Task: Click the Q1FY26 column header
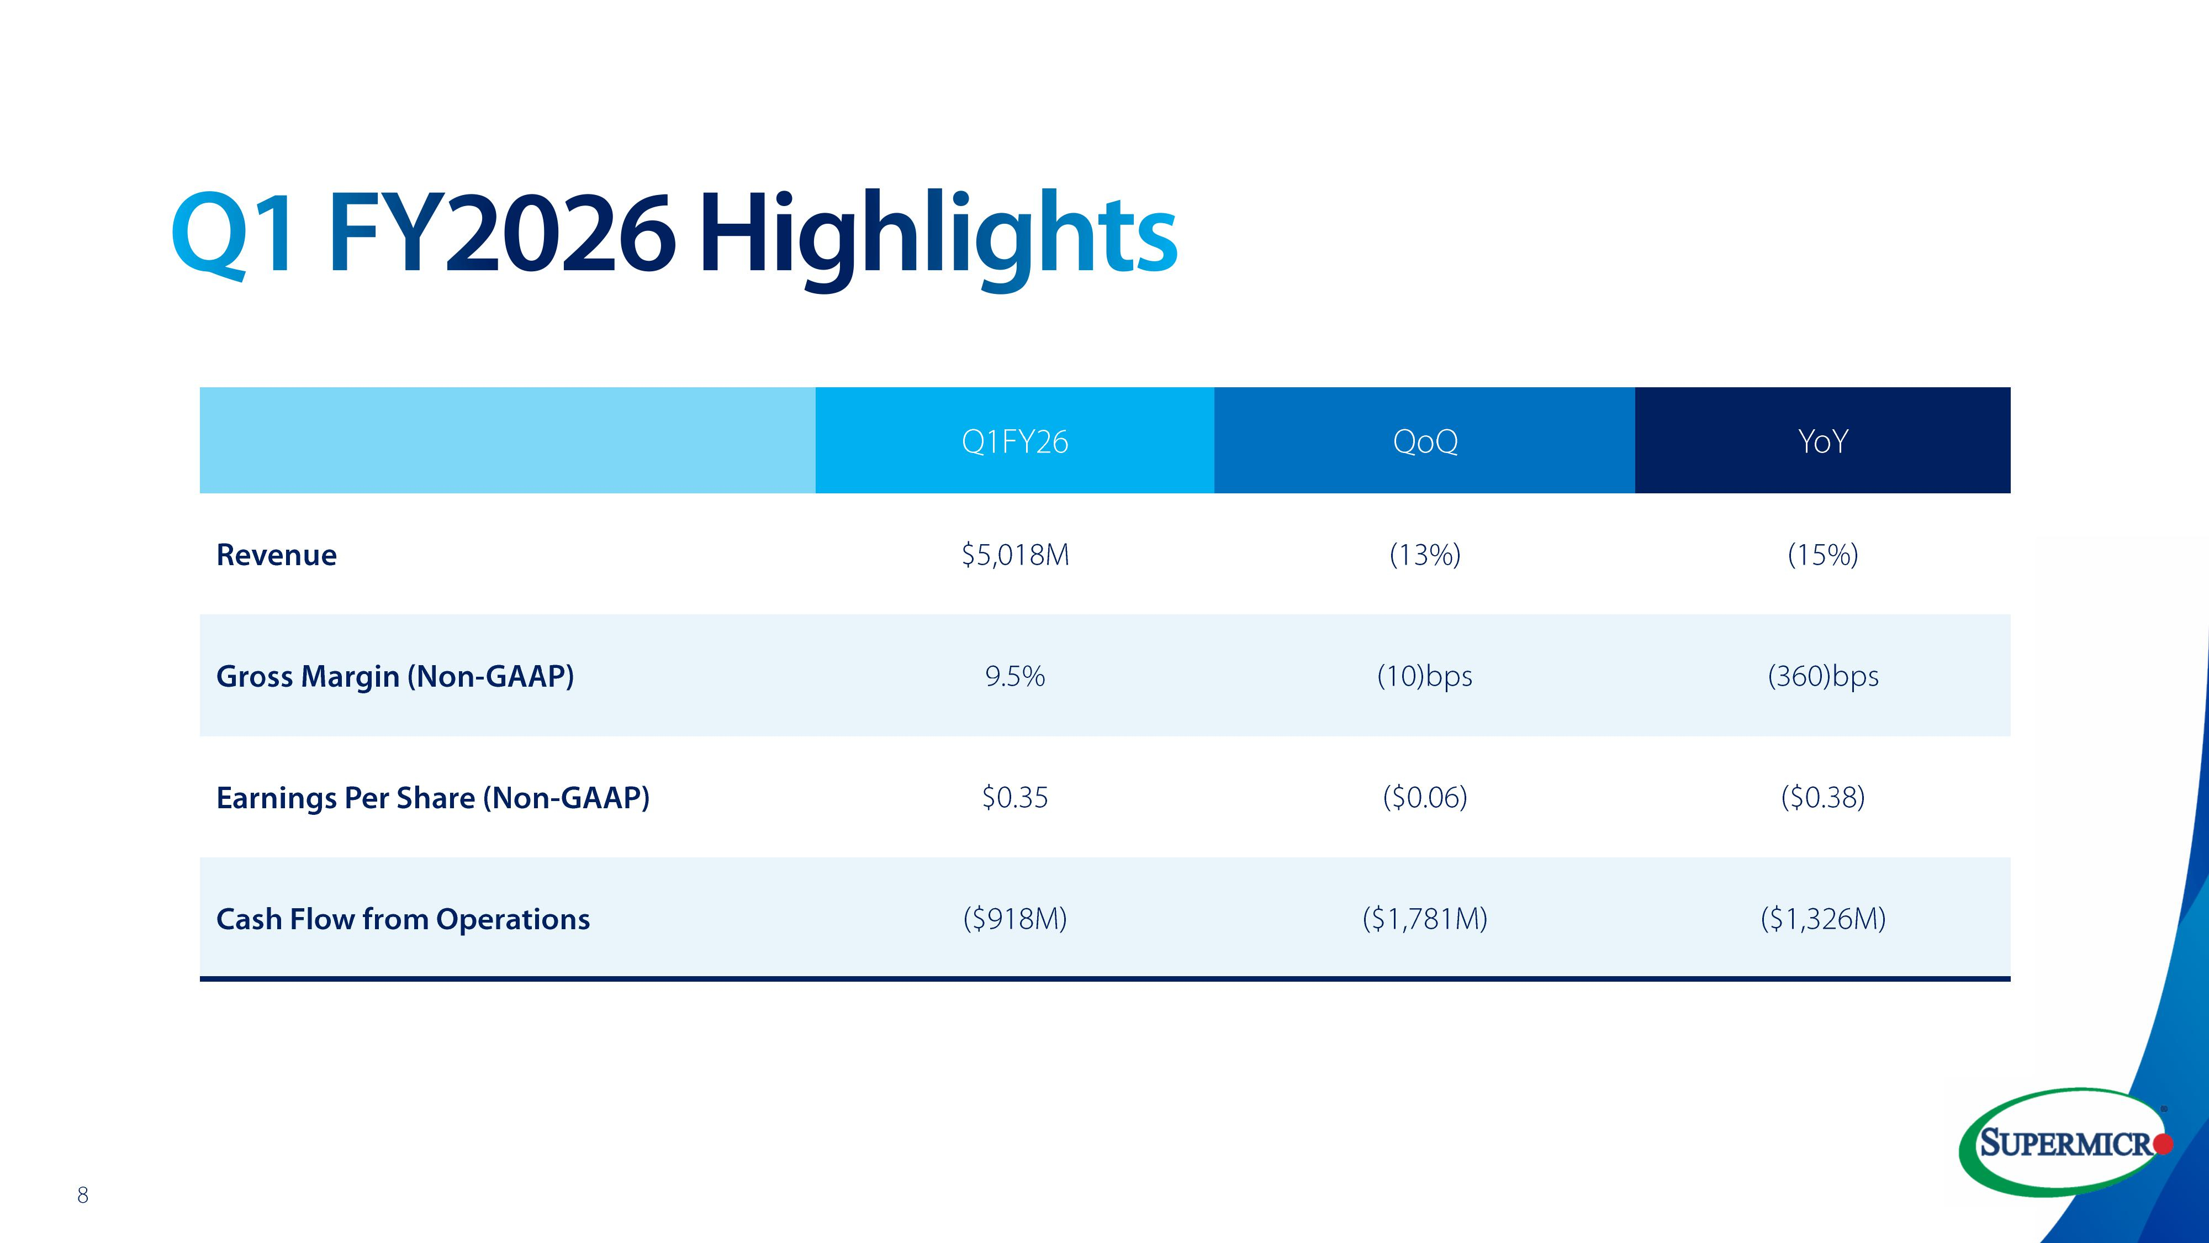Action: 1014,442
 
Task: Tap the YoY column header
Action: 1822,442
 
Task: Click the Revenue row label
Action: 276,555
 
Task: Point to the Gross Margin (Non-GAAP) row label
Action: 394,677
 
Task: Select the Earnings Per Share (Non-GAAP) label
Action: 432,798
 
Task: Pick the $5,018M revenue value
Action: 1014,555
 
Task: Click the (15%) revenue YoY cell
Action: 1822,555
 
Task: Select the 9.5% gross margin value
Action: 1014,677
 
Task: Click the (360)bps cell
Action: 1822,677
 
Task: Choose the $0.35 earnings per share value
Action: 1014,798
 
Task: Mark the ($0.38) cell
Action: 1822,798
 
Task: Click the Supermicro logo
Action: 2067,1142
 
